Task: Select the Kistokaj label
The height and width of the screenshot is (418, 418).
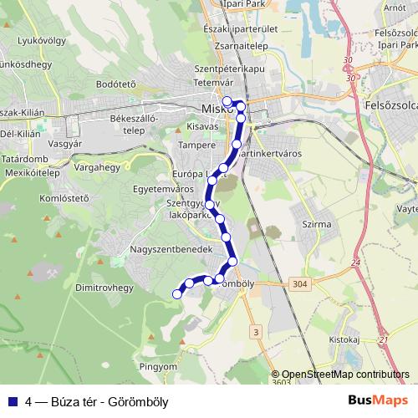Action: click(343, 340)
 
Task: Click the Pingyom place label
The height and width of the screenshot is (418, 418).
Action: click(159, 366)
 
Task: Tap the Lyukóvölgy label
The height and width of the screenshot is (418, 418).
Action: click(41, 39)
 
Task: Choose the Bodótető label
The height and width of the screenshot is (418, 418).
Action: click(116, 84)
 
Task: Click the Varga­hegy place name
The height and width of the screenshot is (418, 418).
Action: click(98, 167)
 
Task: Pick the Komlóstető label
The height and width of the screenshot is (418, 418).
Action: click(64, 198)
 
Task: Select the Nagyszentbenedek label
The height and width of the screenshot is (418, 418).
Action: click(166, 250)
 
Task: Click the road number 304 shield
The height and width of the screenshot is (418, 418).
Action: click(299, 284)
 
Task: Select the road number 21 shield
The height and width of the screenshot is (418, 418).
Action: click(384, 339)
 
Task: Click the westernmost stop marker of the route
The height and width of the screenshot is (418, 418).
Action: click(176, 293)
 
